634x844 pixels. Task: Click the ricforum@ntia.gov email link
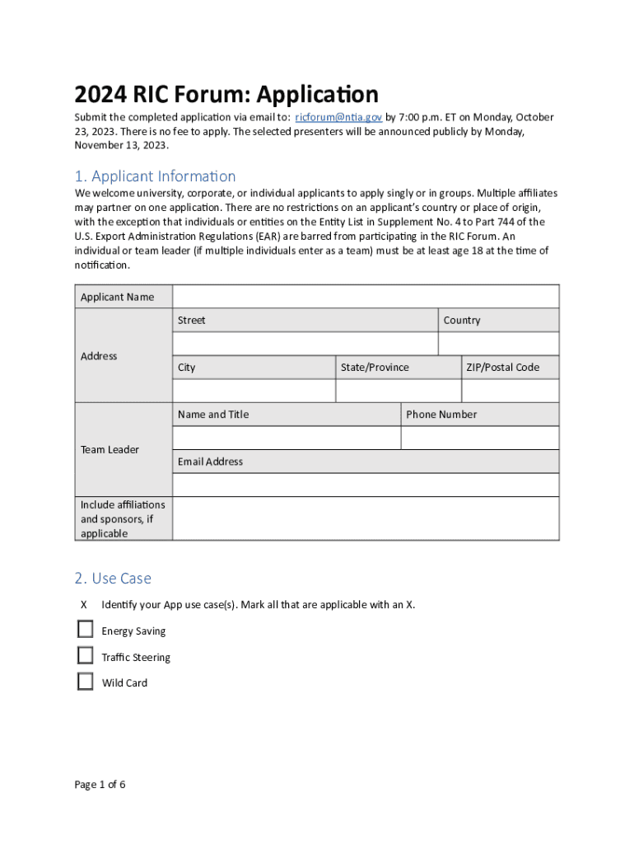[338, 117]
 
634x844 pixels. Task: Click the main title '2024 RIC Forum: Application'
[226, 93]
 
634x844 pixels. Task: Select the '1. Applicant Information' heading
[155, 176]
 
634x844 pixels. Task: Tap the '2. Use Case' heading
[113, 579]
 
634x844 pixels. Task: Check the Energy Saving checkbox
[86, 630]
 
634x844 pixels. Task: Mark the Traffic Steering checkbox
[86, 656]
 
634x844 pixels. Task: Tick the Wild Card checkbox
[86, 682]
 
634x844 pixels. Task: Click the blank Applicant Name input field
[366, 297]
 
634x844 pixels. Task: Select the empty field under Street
[305, 344]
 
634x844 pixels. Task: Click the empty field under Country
[498, 344]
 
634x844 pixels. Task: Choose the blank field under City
[254, 391]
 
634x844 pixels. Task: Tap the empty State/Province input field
[399, 391]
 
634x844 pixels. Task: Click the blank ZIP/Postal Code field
[510, 391]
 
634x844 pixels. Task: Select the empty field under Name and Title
[286, 438]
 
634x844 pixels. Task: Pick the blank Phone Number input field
[480, 438]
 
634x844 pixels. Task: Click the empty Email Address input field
[366, 485]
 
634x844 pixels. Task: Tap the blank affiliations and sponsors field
[366, 518]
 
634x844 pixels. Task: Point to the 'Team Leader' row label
[110, 449]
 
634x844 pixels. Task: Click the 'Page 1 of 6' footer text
[100, 784]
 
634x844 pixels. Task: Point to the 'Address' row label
[99, 356]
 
